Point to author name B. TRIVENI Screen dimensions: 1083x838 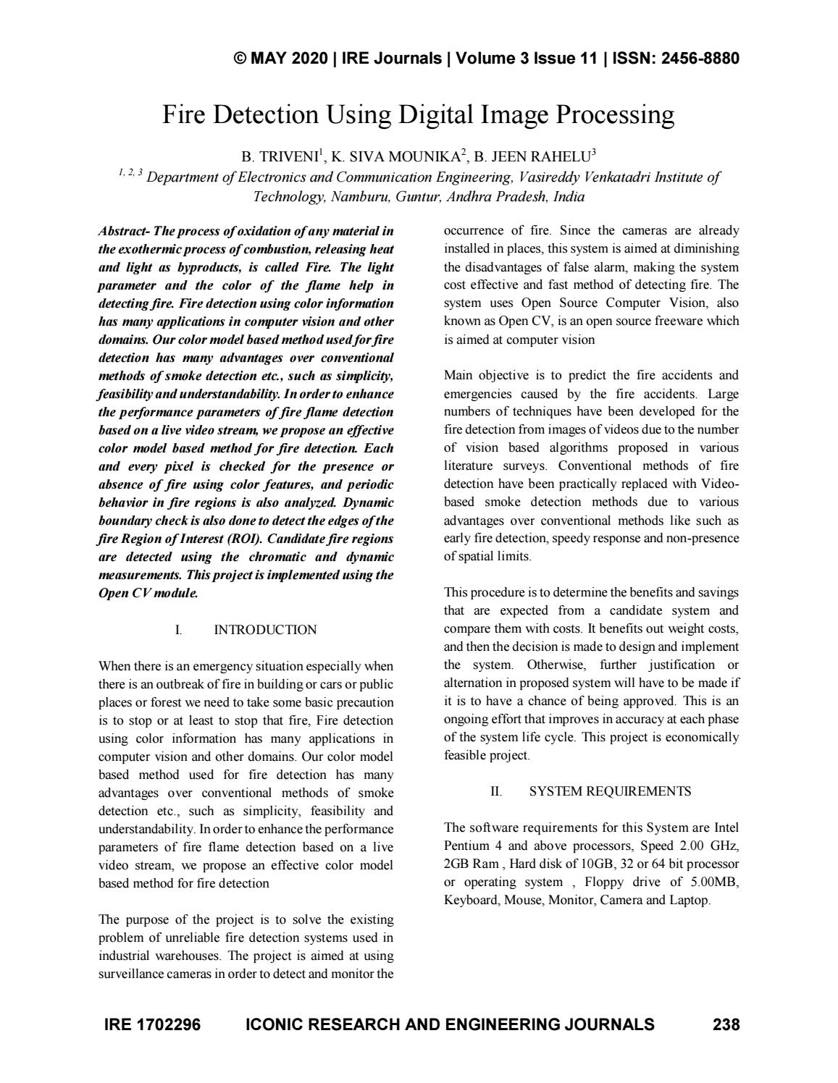pos(272,156)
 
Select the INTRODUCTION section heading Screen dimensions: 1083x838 pos(265,630)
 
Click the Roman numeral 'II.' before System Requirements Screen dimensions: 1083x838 pos(495,791)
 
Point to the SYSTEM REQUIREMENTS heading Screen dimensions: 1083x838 pos(610,791)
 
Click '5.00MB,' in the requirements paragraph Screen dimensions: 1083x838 pos(713,882)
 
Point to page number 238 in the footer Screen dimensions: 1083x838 pos(726,1024)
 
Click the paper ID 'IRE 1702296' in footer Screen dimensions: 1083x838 pos(153,1024)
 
